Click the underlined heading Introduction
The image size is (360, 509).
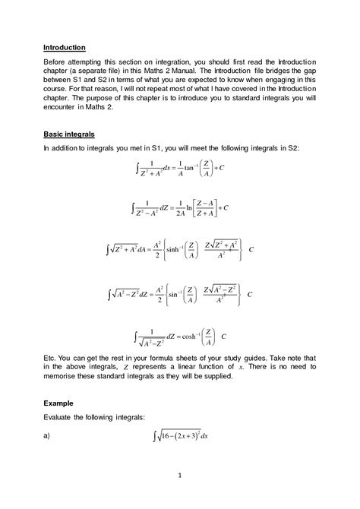click(x=65, y=46)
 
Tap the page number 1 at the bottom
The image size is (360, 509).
click(x=180, y=476)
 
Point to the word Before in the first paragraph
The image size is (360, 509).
click(x=58, y=61)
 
